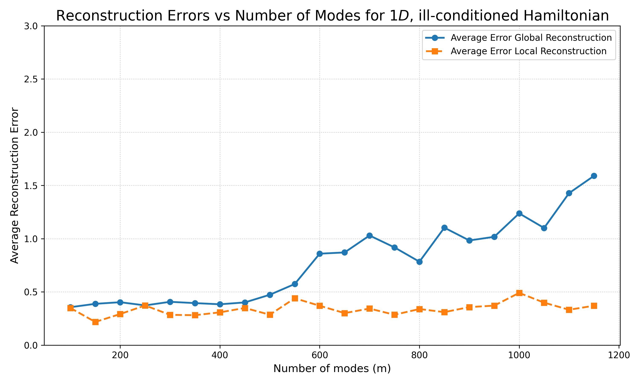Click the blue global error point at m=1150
coord(594,176)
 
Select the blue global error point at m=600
coord(320,254)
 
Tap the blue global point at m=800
coord(420,262)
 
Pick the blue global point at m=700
coord(370,236)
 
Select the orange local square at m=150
coord(95,322)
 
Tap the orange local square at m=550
coord(295,298)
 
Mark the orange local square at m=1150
coord(594,306)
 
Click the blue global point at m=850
coord(444,228)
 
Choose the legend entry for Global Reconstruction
coord(519,38)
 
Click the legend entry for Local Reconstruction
coord(516,51)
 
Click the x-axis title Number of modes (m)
coord(332,368)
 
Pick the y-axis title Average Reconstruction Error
coord(15,186)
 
